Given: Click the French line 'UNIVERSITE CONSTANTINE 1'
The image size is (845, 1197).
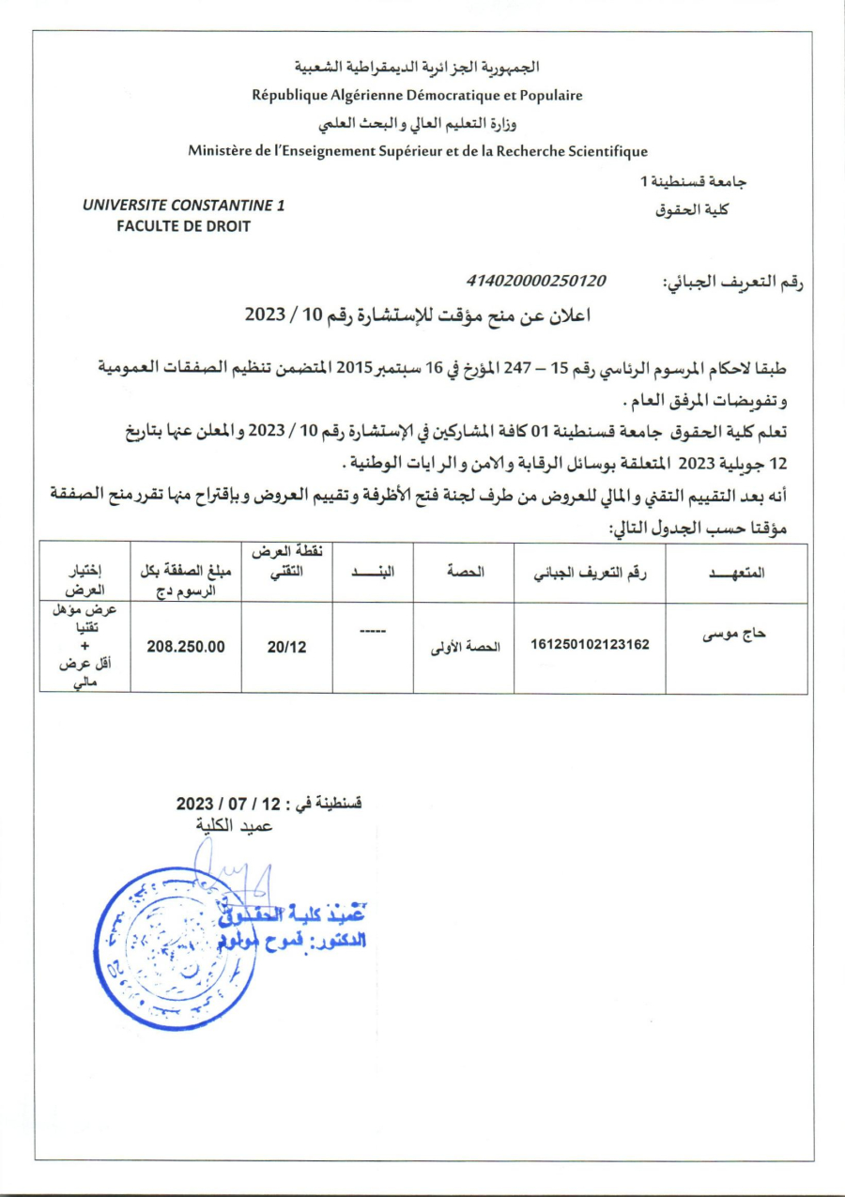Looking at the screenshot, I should pyautogui.click(x=184, y=205).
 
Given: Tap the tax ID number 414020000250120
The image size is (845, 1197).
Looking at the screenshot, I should pyautogui.click(x=536, y=281).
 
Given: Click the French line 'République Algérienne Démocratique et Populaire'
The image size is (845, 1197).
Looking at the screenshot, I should pyautogui.click(x=417, y=95).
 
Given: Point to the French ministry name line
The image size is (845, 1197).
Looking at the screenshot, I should pyautogui.click(x=417, y=150).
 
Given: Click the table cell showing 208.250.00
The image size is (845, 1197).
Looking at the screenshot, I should pyautogui.click(x=186, y=647).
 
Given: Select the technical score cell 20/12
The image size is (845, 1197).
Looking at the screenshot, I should pyautogui.click(x=286, y=647).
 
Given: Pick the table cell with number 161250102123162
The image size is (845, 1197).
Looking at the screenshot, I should pyautogui.click(x=590, y=645).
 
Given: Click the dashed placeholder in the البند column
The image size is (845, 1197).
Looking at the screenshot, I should pyautogui.click(x=373, y=629).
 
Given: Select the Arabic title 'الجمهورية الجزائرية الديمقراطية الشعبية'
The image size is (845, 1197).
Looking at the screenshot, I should pyautogui.click(x=417, y=68).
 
